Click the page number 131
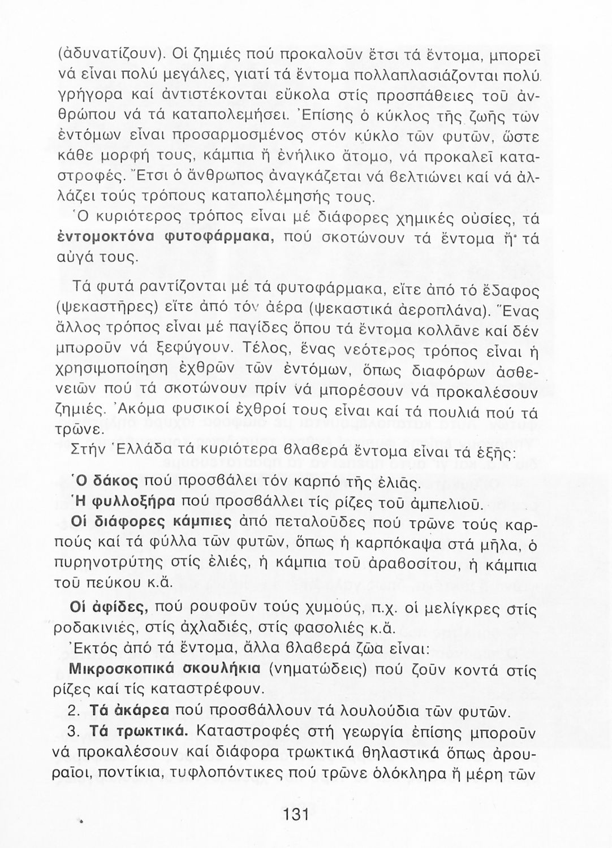(x=295, y=815)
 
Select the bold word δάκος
(x=115, y=482)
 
